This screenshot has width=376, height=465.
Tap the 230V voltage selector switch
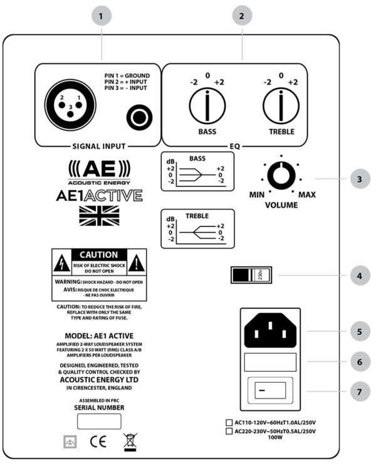(x=249, y=275)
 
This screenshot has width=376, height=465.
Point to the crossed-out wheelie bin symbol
(x=130, y=442)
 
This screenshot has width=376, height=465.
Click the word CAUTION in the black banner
(x=99, y=255)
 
